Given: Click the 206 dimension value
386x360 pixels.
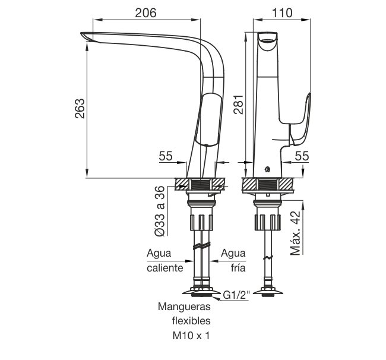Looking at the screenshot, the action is (x=145, y=13).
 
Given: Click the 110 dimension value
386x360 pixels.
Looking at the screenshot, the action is (x=282, y=13).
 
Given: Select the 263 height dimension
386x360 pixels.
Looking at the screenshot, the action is (x=80, y=109).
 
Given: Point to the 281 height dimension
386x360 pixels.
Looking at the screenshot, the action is (x=238, y=105).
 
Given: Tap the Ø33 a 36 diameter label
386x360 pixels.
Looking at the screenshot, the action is (x=160, y=211).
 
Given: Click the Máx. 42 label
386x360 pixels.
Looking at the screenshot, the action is (x=295, y=233).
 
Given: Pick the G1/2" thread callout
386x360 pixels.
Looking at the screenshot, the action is (x=236, y=295).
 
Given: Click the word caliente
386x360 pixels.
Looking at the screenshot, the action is (x=165, y=268).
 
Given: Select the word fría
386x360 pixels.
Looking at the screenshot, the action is (x=238, y=268).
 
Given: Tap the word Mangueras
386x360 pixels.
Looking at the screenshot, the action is (x=184, y=307).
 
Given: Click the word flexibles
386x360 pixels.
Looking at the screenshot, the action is (x=191, y=321).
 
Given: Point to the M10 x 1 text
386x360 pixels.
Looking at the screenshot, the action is (x=191, y=336).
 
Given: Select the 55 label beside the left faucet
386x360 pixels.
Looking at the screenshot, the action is (x=166, y=156).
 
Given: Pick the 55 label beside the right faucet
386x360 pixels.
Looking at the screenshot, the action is (x=302, y=156).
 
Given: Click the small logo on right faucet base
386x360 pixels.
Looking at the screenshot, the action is (x=267, y=169).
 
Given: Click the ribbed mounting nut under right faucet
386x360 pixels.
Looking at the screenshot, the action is (x=267, y=222).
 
